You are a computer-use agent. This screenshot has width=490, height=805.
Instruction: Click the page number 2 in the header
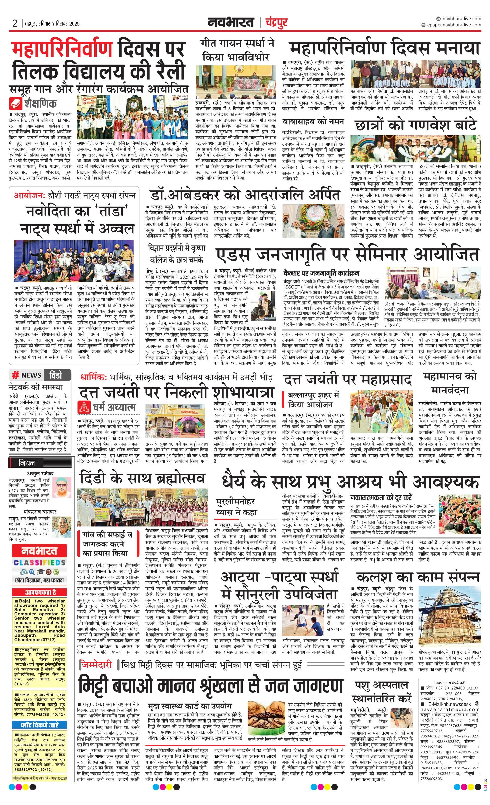(x=15, y=23)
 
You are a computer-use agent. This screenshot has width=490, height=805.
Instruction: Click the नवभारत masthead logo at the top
(x=231, y=22)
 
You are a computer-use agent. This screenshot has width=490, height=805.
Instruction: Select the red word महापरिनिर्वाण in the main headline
(x=62, y=50)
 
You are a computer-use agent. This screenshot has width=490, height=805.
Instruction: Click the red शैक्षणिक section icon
(x=16, y=104)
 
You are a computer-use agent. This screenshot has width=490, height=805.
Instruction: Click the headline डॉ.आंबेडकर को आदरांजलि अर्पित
(x=245, y=195)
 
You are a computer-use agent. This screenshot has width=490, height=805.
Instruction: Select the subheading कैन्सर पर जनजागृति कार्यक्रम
(x=321, y=273)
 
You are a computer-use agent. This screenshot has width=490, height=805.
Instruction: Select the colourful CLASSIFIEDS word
(x=40, y=563)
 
